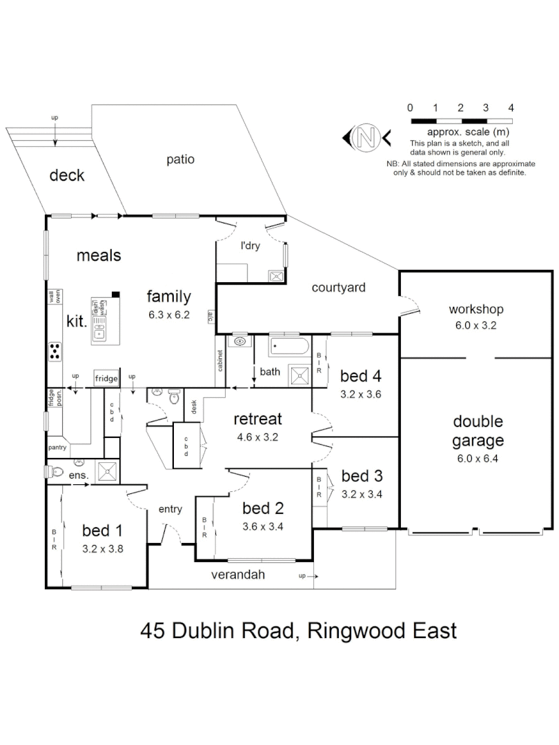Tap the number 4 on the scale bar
coord(511,108)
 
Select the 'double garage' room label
coord(478,430)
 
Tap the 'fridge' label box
coord(106,378)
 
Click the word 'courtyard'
coord(337,288)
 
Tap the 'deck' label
coord(67,175)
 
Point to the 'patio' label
coord(180,159)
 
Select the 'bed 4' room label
coord(361,377)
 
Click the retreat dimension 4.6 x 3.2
coord(257,436)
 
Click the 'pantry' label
coord(57,448)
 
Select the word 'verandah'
coord(238,575)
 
